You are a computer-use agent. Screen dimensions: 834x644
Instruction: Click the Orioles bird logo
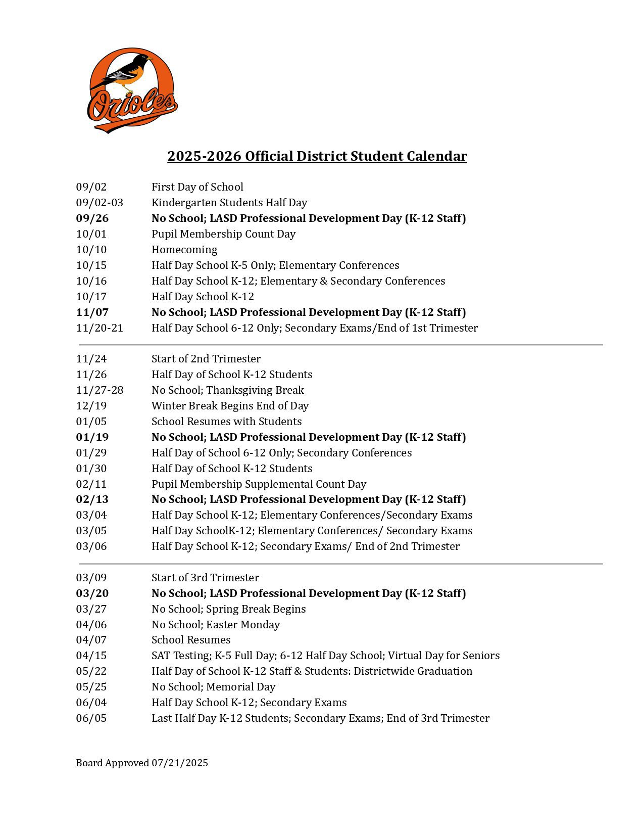132,90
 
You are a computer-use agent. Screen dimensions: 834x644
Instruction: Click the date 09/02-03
100,203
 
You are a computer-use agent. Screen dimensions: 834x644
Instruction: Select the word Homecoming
184,250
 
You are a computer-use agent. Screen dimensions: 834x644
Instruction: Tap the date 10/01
91,234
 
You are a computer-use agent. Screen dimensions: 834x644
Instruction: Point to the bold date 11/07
92,312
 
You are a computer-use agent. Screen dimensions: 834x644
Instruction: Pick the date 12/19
91,406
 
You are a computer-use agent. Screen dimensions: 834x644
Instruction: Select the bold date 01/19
92,437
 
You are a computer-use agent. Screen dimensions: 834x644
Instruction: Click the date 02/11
91,484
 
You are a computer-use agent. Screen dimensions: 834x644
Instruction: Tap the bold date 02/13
92,499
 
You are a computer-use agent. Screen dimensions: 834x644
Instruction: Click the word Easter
223,625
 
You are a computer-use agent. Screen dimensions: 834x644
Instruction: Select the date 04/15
91,656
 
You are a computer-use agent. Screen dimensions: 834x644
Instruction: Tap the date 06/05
91,718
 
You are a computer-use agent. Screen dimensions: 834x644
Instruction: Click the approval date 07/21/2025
179,763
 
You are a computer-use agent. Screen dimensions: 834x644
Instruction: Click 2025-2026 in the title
205,156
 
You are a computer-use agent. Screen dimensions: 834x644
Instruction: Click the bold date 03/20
92,593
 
